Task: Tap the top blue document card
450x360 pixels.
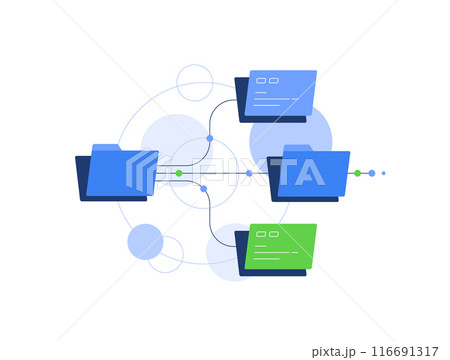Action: (281, 93)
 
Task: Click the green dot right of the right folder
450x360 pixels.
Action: (357, 173)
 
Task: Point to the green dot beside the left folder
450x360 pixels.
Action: (179, 173)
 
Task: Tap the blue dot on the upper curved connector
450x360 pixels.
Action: (209, 138)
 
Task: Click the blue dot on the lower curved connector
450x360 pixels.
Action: (204, 188)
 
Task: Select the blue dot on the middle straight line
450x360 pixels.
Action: (249, 173)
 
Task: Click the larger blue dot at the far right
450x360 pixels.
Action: (372, 173)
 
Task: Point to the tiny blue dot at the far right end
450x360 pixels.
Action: (383, 173)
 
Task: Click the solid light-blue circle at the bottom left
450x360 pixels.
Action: (145, 241)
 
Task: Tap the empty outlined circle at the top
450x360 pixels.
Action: (194, 82)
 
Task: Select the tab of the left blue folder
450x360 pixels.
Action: (106, 148)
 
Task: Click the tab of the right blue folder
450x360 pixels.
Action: (298, 148)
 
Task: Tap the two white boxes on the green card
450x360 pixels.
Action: (267, 234)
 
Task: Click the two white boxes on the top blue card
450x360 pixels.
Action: (267, 80)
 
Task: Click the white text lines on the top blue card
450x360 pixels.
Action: (272, 99)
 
